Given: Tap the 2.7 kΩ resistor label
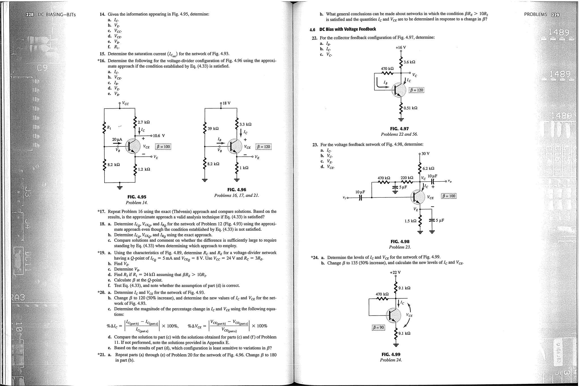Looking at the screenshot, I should (144, 122).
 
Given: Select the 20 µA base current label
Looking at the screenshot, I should (117, 139).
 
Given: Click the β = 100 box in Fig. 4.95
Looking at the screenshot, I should (163, 146).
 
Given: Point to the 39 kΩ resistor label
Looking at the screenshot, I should (213, 129).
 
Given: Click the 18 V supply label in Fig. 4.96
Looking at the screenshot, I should (227, 103).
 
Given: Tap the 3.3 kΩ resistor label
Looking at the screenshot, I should (245, 124).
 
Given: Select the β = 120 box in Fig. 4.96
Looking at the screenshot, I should (263, 146).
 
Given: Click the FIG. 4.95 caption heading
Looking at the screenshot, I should (137, 197).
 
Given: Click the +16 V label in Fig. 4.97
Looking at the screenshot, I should (401, 48).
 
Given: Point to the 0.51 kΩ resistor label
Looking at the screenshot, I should (410, 108).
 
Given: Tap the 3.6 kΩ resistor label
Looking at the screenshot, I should (409, 62).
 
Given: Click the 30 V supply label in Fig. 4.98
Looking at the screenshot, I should (425, 154).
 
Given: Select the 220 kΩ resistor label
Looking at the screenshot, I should (407, 178).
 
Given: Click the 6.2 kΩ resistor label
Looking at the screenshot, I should (428, 169).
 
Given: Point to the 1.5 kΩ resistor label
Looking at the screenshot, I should (410, 221).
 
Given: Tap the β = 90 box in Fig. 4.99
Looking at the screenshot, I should (378, 327).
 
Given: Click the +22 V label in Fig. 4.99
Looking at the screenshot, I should (395, 273).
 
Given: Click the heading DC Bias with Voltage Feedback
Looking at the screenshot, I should (347, 29).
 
